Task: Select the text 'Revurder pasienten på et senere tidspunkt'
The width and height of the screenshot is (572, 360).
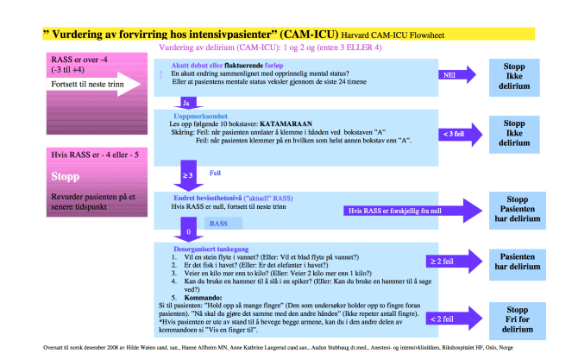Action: [x=91, y=205]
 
